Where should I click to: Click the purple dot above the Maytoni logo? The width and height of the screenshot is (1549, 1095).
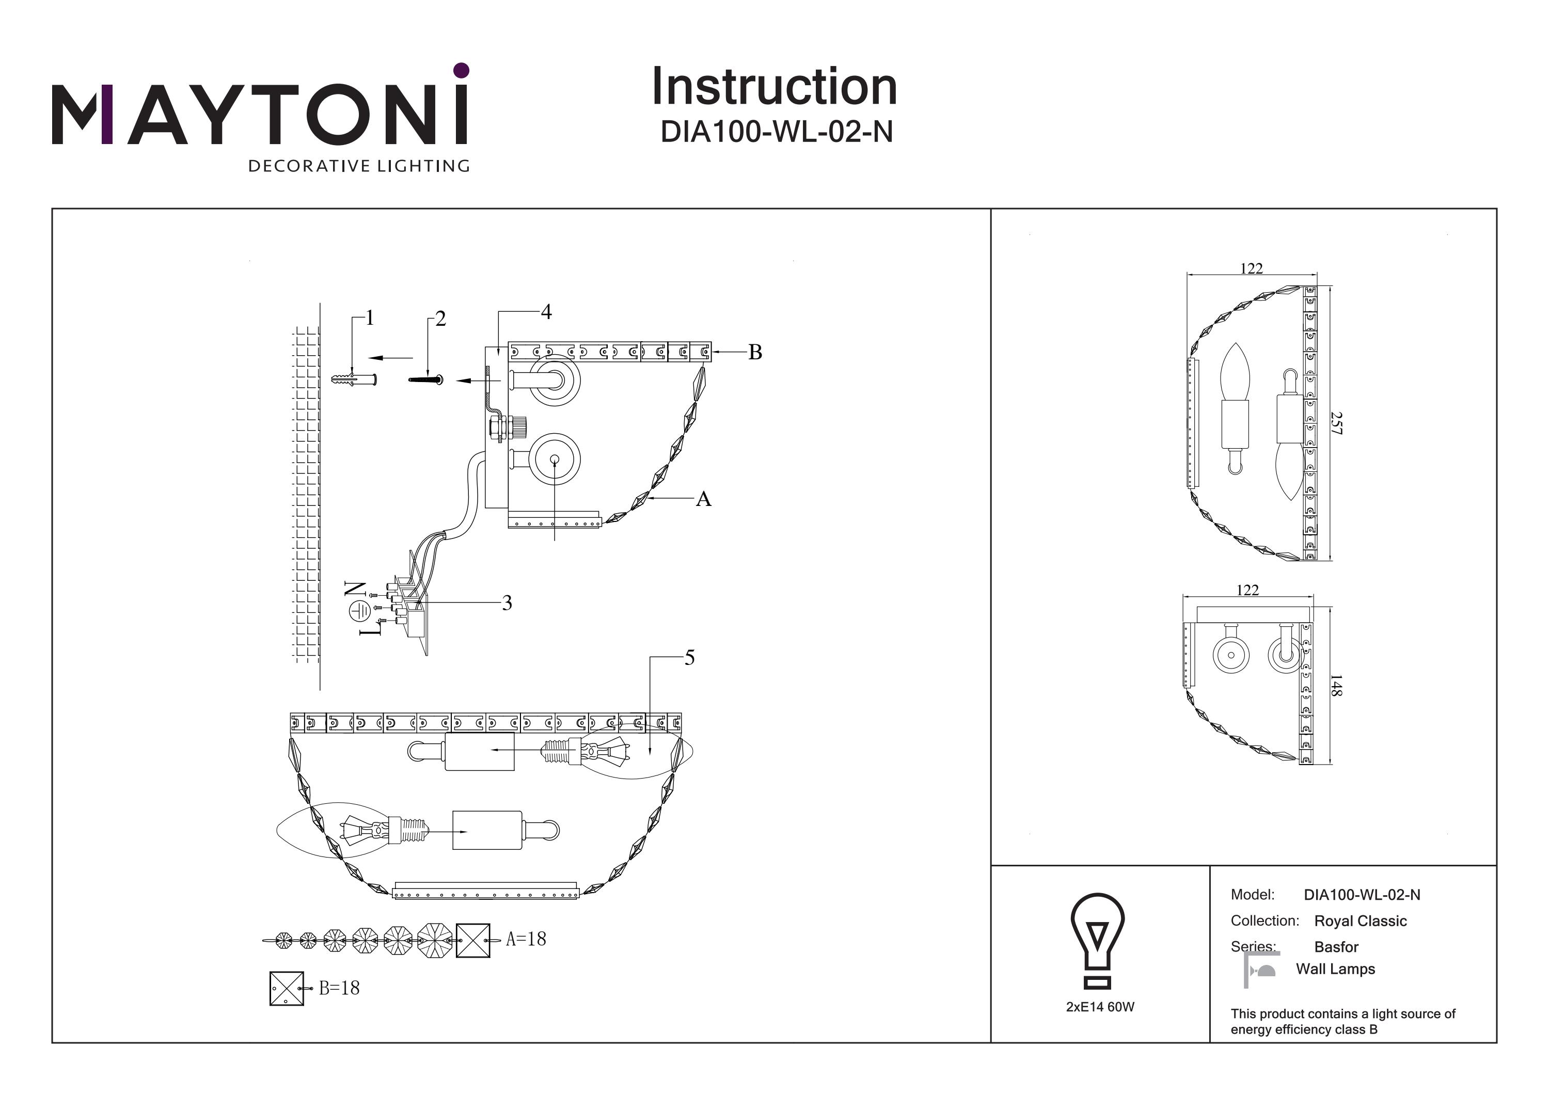click(x=462, y=70)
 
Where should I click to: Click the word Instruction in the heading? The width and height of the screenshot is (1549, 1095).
click(x=774, y=87)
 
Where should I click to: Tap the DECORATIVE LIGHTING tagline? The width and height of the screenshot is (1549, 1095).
click(x=359, y=166)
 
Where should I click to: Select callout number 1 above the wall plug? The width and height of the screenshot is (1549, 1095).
click(x=369, y=318)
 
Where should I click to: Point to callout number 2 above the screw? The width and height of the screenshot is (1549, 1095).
click(x=440, y=319)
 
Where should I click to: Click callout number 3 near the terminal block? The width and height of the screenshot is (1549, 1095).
click(x=507, y=603)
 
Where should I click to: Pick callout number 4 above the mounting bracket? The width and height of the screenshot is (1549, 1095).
click(x=546, y=312)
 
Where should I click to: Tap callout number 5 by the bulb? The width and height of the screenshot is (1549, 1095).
click(x=689, y=658)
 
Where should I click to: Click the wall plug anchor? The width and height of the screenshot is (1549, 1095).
click(x=354, y=380)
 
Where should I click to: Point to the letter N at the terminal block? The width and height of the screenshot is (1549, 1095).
click(x=356, y=589)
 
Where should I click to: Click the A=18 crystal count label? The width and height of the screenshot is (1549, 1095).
click(x=526, y=939)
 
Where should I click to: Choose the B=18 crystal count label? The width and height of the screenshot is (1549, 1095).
click(x=339, y=989)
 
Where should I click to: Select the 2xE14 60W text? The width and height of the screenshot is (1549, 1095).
click(x=1100, y=1007)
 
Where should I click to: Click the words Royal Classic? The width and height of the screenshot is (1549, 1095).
click(x=1360, y=921)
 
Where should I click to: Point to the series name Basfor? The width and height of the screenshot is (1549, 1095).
click(x=1336, y=947)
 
